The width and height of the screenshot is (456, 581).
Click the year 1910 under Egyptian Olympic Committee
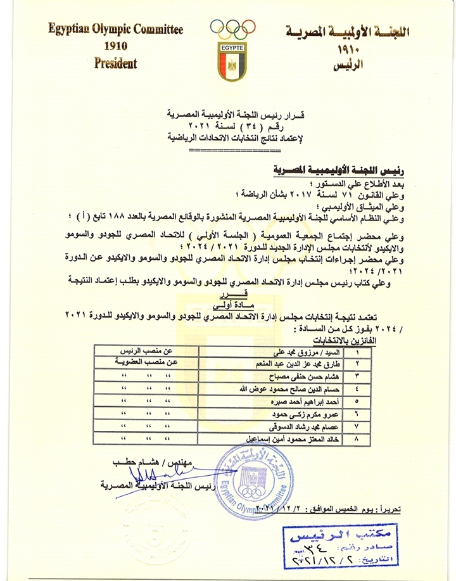[x=115, y=47]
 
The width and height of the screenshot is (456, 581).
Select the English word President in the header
[x=115, y=63]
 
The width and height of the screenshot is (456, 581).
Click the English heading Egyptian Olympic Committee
[x=115, y=29]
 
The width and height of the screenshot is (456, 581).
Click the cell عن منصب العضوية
[x=144, y=362]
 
